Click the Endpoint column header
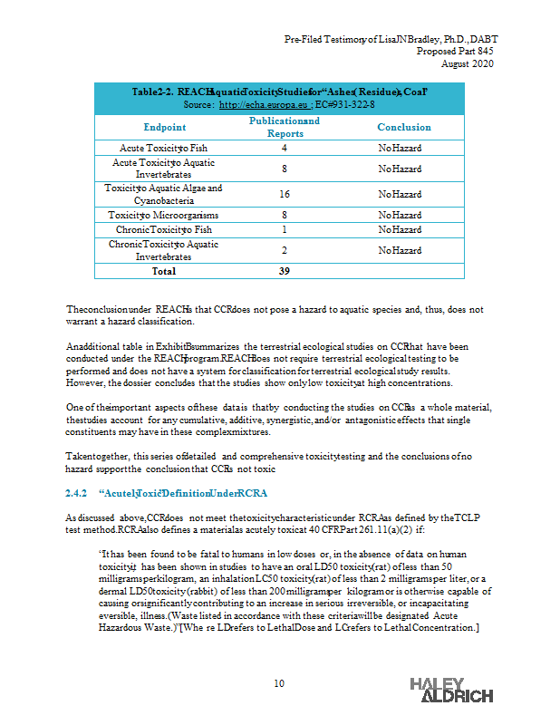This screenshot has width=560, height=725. [x=164, y=128]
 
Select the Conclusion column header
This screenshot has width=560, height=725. [x=404, y=128]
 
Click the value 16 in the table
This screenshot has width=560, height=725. [x=285, y=195]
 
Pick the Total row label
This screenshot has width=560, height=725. [x=164, y=271]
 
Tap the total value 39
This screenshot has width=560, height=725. [x=285, y=271]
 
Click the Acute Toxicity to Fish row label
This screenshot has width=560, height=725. [x=164, y=148]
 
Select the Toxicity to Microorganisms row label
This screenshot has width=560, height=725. [x=164, y=216]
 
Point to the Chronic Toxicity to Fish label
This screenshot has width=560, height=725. [x=164, y=230]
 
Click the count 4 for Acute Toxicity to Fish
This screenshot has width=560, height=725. [x=285, y=148]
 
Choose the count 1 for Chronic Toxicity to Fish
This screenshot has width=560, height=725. [x=285, y=230]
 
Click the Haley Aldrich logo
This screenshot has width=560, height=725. [x=451, y=690]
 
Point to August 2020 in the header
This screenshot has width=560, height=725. [x=468, y=63]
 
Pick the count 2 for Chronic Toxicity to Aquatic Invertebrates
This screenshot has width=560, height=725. [x=285, y=250]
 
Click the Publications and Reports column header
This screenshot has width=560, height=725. [x=285, y=128]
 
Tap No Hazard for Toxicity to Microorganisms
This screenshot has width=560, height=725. [x=400, y=216]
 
